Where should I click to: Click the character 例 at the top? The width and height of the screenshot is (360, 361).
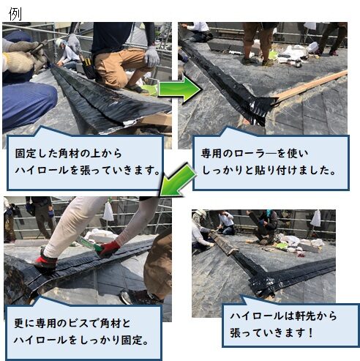coord(15,14)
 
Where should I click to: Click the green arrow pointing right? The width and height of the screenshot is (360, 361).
coord(180,90)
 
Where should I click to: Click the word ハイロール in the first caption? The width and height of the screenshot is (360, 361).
coord(42,170)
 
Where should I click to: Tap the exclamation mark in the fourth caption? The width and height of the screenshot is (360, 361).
coord(310,332)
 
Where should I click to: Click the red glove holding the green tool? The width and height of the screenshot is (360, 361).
coord(109,249)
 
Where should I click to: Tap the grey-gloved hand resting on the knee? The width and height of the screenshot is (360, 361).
coord(151,57)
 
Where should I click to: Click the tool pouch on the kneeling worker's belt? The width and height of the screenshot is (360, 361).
coord(88,68)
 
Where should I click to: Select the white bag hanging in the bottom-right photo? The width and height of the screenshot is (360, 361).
coord(316,218)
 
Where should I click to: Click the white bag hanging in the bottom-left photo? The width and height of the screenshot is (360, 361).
coord(108,212)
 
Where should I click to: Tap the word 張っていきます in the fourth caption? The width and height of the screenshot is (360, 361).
coord(266,332)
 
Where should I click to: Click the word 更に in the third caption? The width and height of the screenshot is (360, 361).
coord(23,324)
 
